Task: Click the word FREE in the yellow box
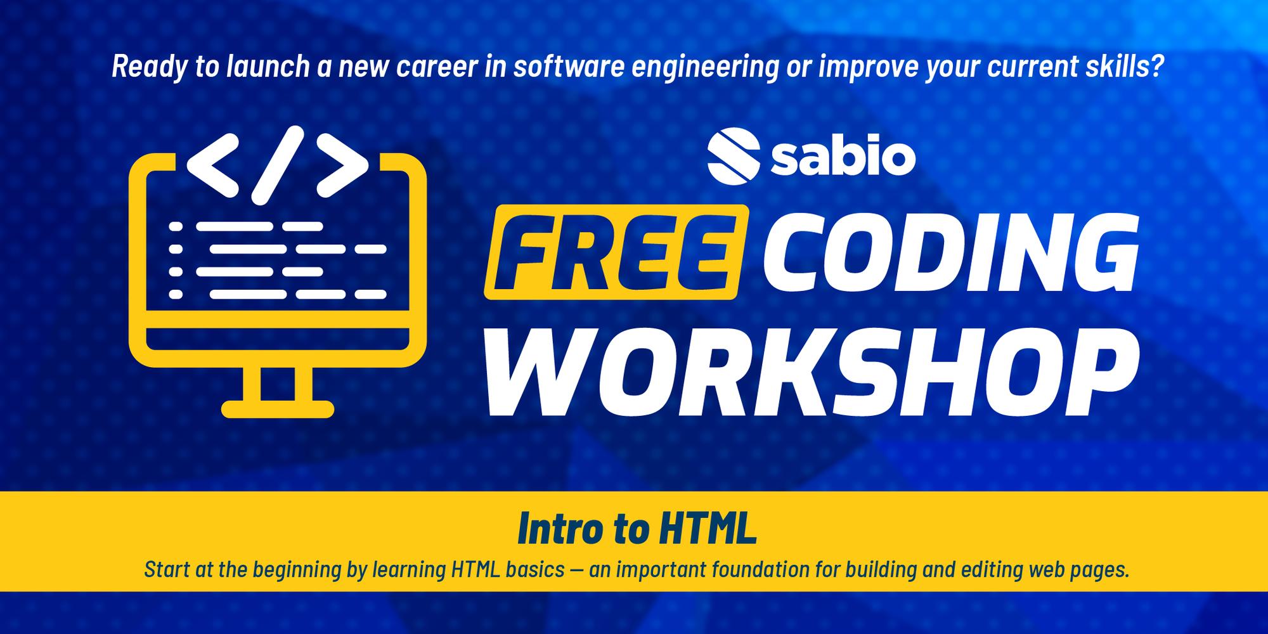pyautogui.click(x=611, y=252)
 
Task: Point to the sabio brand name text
pyautogui.click(x=843, y=158)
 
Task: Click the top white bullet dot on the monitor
pyautogui.click(x=176, y=226)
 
